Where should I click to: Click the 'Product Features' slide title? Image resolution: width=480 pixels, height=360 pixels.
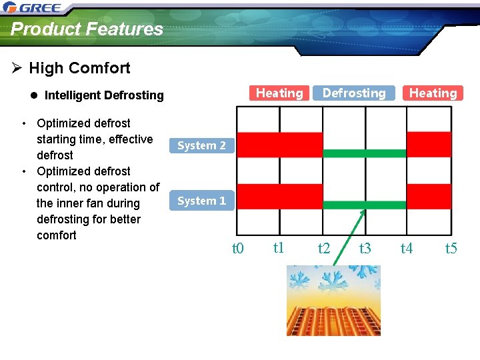tap(87, 29)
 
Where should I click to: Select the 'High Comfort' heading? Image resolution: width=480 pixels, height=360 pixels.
tap(79, 68)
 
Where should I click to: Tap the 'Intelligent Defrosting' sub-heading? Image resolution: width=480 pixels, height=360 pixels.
tap(103, 95)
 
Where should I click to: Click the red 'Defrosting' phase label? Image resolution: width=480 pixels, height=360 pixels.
tap(354, 93)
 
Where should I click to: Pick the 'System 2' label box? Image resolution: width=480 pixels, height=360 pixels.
tap(201, 145)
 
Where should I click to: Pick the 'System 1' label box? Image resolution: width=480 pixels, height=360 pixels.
tap(201, 201)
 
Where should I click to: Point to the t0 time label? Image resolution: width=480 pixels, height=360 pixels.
tap(237, 249)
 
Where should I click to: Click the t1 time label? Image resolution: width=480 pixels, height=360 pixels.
tap(279, 248)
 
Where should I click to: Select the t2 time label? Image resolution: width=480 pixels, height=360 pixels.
tap(324, 249)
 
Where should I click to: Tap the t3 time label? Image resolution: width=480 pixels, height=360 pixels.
tap(365, 249)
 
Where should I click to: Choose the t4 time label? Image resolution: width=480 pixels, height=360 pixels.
tap(406, 249)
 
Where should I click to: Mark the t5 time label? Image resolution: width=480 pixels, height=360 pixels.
tap(451, 249)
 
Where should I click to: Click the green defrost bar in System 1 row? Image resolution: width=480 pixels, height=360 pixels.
tap(364, 205)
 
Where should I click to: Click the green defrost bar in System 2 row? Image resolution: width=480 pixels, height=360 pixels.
tap(364, 153)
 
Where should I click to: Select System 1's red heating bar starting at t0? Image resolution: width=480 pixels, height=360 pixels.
tap(280, 196)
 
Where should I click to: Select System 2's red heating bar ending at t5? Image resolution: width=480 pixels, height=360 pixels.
tap(429, 144)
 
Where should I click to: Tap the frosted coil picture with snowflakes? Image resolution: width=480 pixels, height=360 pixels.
tap(333, 300)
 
